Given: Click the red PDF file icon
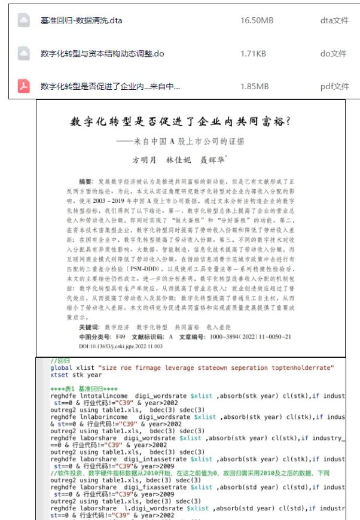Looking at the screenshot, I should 24,86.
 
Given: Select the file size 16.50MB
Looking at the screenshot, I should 257,20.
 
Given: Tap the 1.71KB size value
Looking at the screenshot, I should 253,53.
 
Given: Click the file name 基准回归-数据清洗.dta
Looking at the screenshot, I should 81,20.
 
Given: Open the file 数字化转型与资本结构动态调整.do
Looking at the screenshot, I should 102,53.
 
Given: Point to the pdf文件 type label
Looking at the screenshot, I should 334,86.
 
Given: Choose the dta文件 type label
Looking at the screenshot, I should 334,20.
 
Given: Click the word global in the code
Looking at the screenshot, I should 62,368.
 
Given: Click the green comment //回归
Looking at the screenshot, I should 60,361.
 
